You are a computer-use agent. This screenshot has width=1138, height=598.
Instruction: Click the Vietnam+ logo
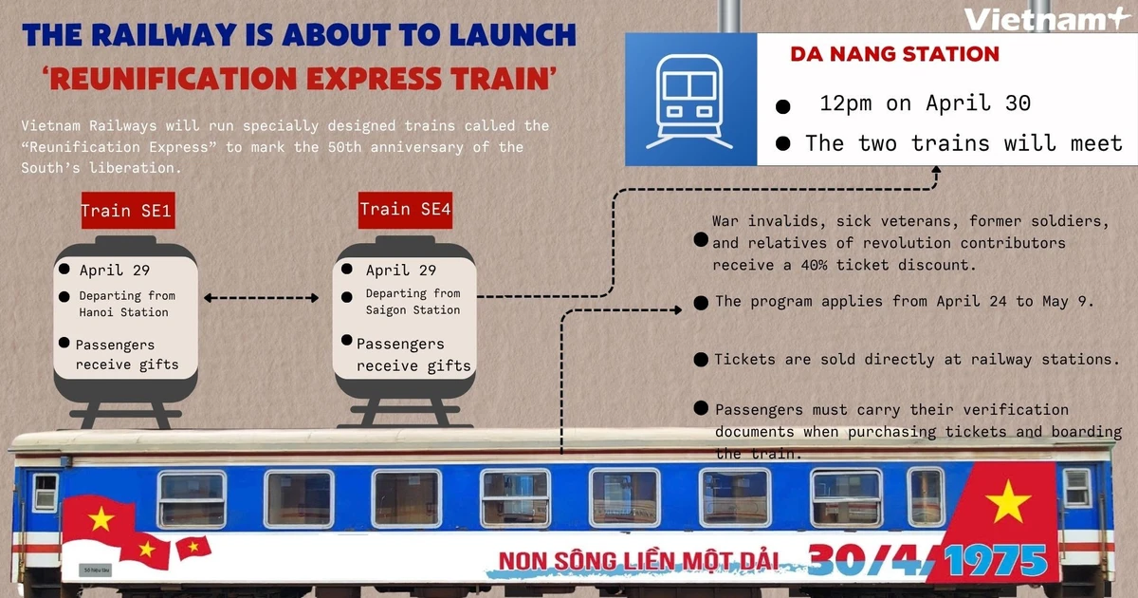click(1044, 20)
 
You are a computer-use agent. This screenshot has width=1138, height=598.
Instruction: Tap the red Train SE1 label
click(126, 211)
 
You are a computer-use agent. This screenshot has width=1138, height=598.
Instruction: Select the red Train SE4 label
click(405, 209)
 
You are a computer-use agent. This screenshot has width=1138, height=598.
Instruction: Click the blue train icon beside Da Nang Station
click(689, 95)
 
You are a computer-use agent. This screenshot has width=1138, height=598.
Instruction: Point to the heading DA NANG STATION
click(894, 54)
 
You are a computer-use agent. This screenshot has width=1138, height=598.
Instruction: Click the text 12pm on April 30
click(925, 103)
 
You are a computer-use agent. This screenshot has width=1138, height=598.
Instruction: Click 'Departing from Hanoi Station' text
click(127, 304)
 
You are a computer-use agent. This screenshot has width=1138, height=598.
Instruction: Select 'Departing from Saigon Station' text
click(413, 302)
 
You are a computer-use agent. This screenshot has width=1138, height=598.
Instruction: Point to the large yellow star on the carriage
click(1007, 500)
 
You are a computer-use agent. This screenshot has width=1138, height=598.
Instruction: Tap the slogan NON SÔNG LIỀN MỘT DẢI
click(638, 560)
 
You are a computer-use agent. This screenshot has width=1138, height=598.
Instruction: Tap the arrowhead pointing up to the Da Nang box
click(935, 171)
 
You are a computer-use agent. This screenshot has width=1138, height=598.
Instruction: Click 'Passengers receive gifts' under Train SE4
click(413, 355)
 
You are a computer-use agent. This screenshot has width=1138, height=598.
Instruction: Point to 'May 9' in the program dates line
click(1069, 302)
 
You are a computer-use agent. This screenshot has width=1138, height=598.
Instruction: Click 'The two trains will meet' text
click(964, 144)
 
